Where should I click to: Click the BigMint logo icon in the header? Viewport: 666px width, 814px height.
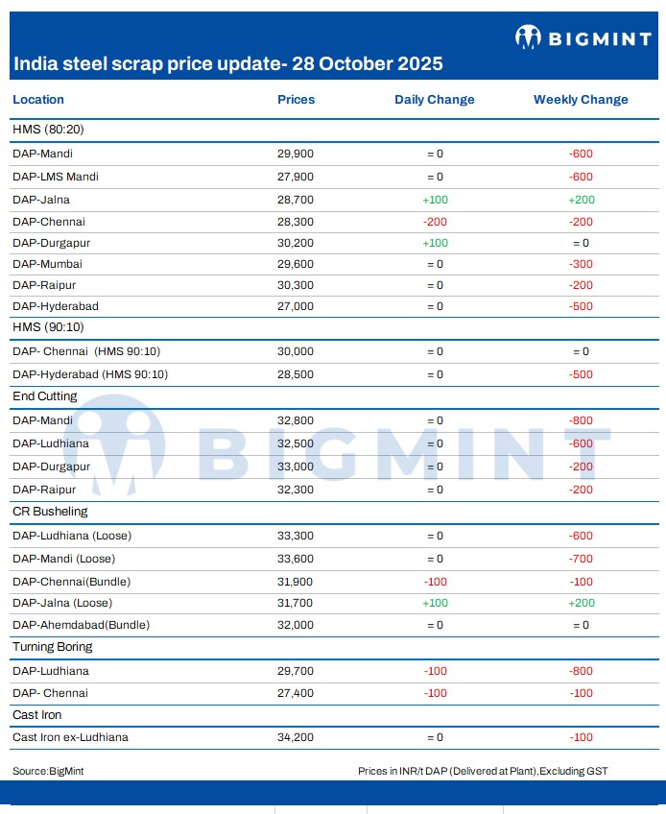[x=528, y=36]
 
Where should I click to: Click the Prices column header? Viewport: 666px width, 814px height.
[x=296, y=99]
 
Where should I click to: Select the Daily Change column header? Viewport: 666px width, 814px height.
[x=435, y=100]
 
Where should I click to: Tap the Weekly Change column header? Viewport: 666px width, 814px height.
[x=581, y=100]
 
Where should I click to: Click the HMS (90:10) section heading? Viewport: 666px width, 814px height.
[x=48, y=327]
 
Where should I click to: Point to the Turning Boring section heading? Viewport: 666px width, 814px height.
[x=53, y=647]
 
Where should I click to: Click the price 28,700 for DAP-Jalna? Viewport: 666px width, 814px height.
[x=296, y=200]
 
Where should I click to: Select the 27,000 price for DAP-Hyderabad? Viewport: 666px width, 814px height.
[x=296, y=306]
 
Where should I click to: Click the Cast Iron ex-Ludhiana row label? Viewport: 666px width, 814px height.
[x=70, y=737]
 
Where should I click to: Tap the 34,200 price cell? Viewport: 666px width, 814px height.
[x=296, y=737]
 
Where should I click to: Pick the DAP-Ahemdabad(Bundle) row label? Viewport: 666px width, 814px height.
[x=81, y=625]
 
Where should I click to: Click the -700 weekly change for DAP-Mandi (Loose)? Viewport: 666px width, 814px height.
[x=581, y=559]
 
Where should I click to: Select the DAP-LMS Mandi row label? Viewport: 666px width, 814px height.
[x=56, y=177]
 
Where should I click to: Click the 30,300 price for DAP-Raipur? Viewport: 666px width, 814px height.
[x=296, y=285]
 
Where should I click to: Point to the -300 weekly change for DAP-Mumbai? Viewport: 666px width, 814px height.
[x=581, y=264]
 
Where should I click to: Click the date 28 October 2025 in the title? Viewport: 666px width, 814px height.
[x=367, y=63]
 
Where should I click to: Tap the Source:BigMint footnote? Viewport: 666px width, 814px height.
[x=48, y=771]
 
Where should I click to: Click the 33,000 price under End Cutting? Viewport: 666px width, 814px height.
[x=296, y=467]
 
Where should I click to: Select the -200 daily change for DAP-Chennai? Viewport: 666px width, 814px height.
[x=435, y=222]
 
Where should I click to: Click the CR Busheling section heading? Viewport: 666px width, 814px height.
[x=50, y=512]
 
